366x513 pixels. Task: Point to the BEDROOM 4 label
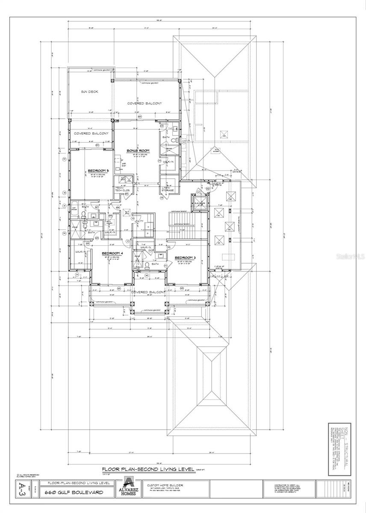tap(112, 254)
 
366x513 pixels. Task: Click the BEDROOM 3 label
tap(186, 257)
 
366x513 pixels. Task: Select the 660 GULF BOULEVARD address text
tap(74, 492)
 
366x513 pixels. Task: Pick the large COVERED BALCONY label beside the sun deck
tap(144, 104)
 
